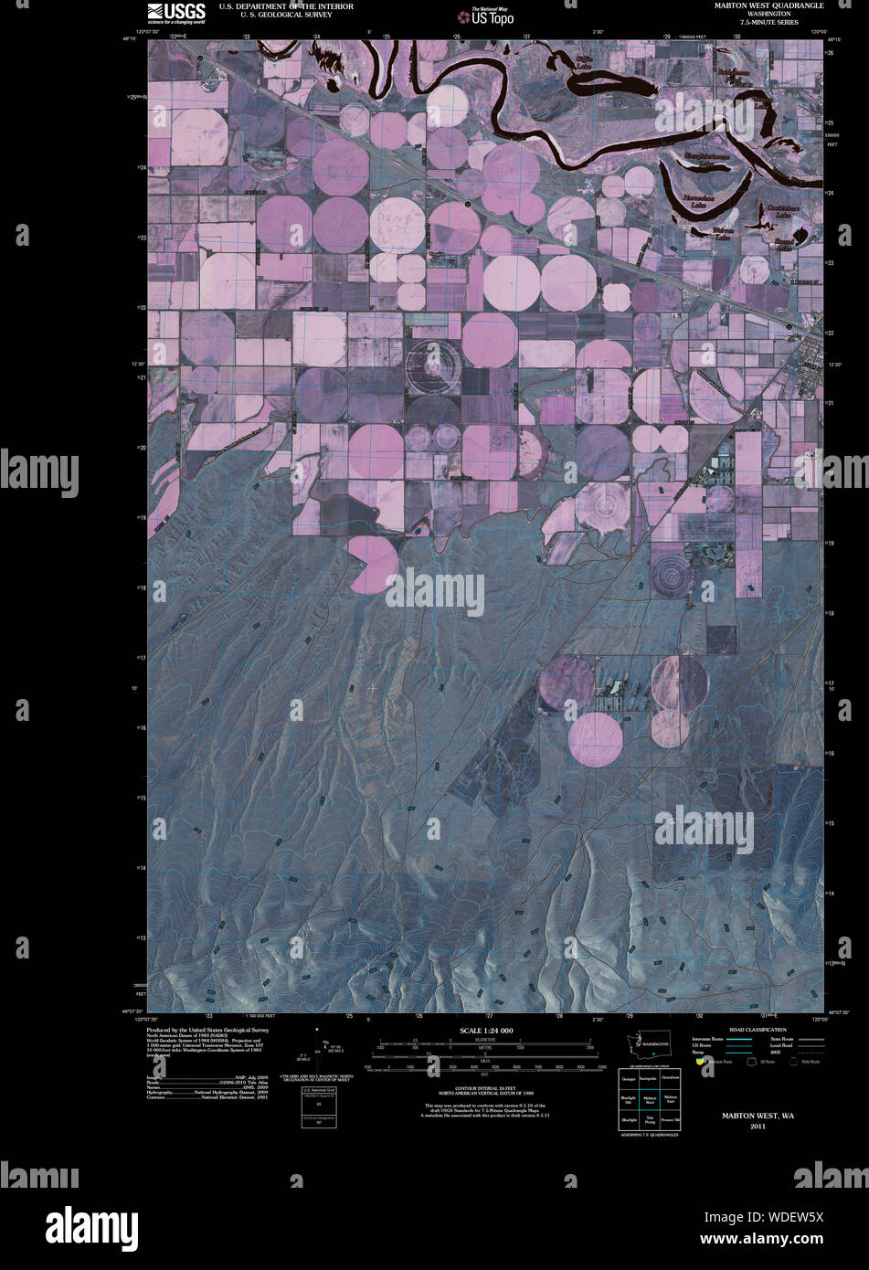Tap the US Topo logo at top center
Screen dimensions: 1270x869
(x=487, y=16)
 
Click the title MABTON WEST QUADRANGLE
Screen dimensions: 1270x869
(x=769, y=5)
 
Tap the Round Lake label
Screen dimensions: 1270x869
(x=784, y=245)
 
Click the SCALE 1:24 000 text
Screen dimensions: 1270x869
(x=486, y=1031)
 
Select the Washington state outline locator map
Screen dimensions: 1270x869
(x=647, y=1043)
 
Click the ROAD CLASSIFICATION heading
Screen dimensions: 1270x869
(x=758, y=1030)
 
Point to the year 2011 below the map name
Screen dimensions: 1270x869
(x=758, y=1127)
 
